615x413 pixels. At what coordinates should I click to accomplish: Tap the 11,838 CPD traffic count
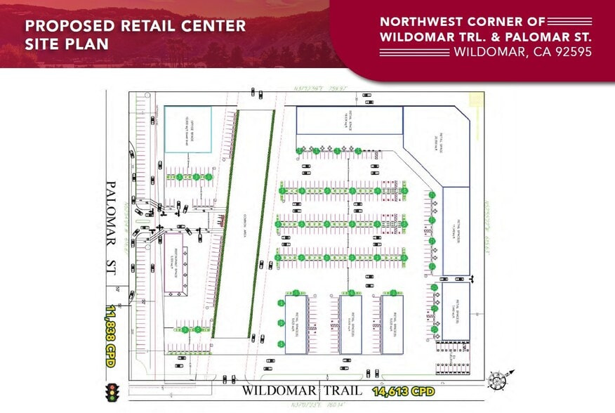pos(111,333)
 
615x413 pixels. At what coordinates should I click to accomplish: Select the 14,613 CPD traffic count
pos(404,391)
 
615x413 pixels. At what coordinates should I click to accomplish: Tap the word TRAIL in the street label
pos(345,391)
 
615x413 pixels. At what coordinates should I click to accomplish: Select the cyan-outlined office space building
pos(187,129)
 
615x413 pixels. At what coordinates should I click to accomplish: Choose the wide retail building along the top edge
pos(349,120)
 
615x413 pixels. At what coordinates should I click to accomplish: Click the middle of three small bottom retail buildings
pos(350,324)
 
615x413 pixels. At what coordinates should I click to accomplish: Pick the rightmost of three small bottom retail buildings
pos(392,324)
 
